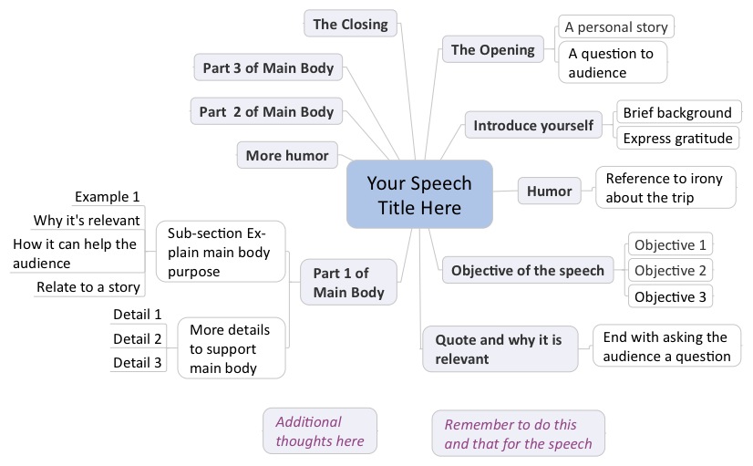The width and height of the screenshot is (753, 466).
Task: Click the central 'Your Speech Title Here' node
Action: pyautogui.click(x=419, y=194)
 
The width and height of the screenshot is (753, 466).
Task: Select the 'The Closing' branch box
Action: pyautogui.click(x=350, y=25)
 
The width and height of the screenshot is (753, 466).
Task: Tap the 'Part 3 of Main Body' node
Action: pyautogui.click(x=268, y=67)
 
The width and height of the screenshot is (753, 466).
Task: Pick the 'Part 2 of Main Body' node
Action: pyautogui.click(x=266, y=112)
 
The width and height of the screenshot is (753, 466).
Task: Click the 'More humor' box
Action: pyautogui.click(x=287, y=155)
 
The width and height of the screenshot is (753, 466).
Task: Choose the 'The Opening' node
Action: pyautogui.click(x=493, y=50)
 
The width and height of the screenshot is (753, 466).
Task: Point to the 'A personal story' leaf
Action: pyautogui.click(x=615, y=26)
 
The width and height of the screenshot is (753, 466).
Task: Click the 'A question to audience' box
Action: pyautogui.click(x=612, y=62)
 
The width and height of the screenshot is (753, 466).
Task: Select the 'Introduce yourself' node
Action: pyautogui.click(x=533, y=125)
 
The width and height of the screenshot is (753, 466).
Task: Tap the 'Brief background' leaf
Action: pyautogui.click(x=676, y=113)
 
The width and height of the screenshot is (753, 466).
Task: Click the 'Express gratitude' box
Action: pyautogui.click(x=677, y=139)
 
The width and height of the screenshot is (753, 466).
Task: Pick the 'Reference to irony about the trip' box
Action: pyautogui.click(x=664, y=188)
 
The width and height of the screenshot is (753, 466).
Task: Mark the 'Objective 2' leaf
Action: pyautogui.click(x=670, y=270)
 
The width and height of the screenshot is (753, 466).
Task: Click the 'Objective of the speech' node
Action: pyautogui.click(x=527, y=270)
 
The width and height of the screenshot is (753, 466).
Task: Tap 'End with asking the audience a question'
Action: pyautogui.click(x=666, y=347)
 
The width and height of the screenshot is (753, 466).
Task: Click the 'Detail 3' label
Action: pyautogui.click(x=138, y=363)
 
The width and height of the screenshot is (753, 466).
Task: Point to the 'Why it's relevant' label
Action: pyautogui.click(x=88, y=220)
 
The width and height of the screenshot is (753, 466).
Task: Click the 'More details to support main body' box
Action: pyautogui.click(x=231, y=347)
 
